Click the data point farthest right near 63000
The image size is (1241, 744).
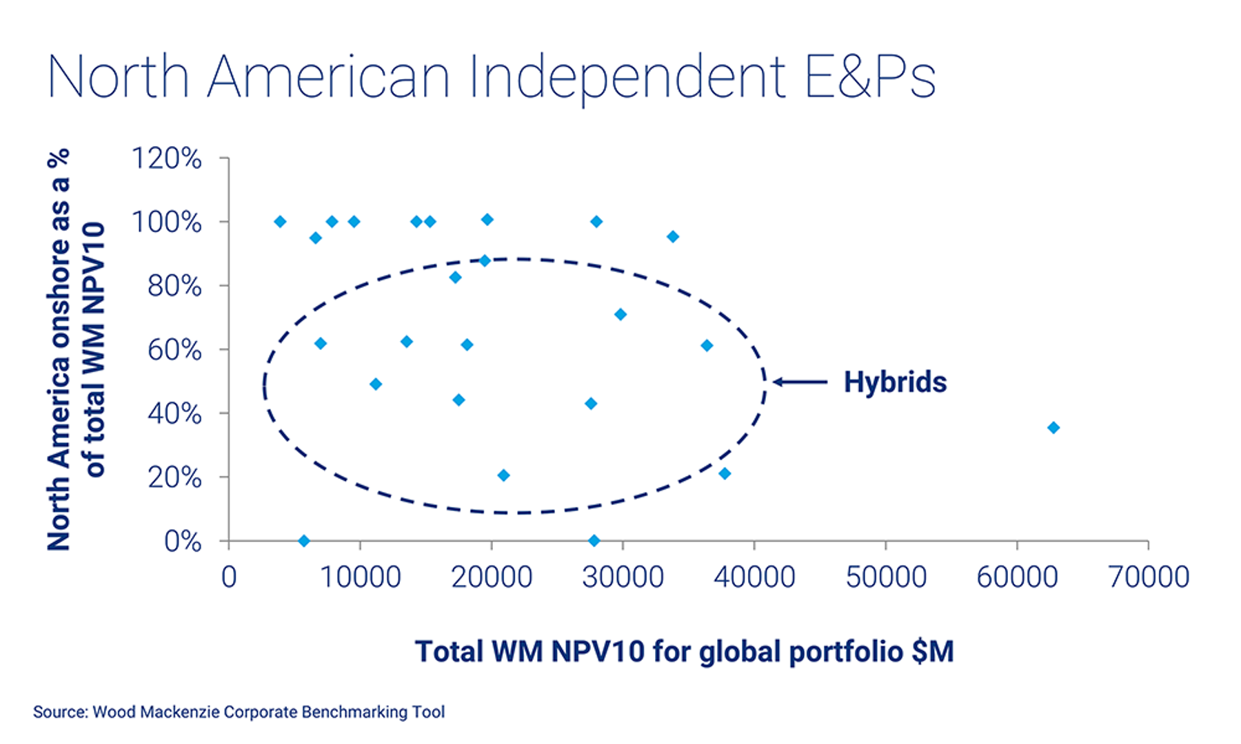coord(1053,428)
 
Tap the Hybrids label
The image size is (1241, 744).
coord(895,382)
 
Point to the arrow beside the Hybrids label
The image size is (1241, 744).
coord(800,382)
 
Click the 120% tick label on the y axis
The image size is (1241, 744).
coord(167,158)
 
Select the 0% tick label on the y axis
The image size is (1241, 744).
coord(183,541)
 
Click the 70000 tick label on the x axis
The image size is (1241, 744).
coord(1148,577)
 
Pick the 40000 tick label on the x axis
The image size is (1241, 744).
coord(754,577)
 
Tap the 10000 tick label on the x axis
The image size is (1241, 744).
coord(360,577)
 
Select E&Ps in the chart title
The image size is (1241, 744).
coord(869,77)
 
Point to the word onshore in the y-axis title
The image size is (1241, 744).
coord(59,292)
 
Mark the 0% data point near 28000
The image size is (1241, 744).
coord(594,541)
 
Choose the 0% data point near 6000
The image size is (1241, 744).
coord(303,541)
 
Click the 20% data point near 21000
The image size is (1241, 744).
coord(503,475)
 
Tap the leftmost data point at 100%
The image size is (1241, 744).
coord(280,222)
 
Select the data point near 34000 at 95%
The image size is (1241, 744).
coord(673,237)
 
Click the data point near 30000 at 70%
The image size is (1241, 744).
coord(620,315)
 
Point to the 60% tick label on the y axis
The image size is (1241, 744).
coord(174,350)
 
